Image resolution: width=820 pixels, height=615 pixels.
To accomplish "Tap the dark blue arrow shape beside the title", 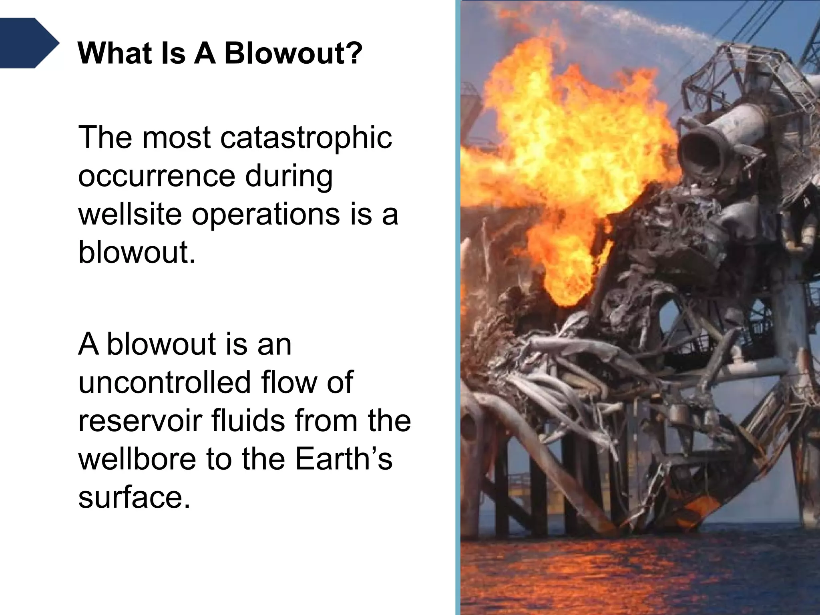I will [28, 43].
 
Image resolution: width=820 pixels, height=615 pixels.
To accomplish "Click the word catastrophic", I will [306, 137].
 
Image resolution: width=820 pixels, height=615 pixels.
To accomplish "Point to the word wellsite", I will [130, 214].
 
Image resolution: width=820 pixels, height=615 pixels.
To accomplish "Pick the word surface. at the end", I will [133, 498].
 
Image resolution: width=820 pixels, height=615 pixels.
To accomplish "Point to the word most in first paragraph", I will [176, 138].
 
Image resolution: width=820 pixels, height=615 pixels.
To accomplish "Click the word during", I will [289, 176].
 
